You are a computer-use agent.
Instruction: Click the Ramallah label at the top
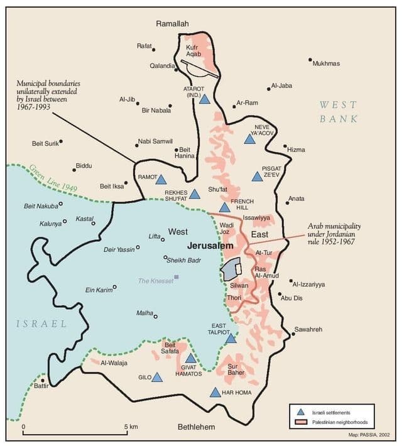click(173, 23)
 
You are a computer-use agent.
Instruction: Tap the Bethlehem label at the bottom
click(196, 428)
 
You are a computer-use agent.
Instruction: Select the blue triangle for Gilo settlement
click(157, 378)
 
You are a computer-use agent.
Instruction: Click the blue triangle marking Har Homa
click(215, 393)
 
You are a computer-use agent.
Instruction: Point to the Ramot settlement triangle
click(161, 180)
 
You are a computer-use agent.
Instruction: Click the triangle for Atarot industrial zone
click(204, 99)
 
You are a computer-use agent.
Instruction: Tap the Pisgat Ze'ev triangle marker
click(257, 177)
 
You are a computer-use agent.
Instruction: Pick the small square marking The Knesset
click(177, 277)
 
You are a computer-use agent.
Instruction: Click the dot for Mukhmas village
click(310, 60)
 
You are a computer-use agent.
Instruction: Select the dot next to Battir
click(43, 381)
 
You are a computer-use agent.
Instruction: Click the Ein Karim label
click(98, 290)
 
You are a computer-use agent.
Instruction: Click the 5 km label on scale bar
click(132, 427)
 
